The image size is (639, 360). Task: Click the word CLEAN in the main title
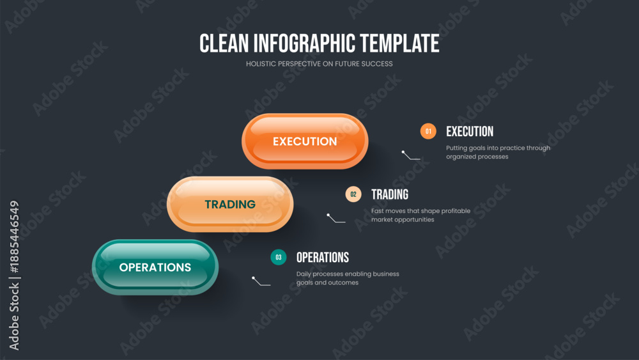click(224, 43)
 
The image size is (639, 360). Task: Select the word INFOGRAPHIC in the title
click(304, 43)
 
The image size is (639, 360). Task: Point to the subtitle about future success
click(319, 64)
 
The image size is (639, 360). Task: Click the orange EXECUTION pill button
click(305, 141)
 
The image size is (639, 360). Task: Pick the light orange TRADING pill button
click(230, 204)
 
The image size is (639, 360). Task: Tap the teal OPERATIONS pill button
click(155, 267)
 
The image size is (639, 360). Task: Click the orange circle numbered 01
click(428, 131)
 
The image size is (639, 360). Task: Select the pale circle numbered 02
click(353, 194)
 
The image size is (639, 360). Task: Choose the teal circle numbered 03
click(279, 257)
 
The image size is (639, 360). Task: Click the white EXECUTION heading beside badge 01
click(470, 131)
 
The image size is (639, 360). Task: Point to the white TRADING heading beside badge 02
click(390, 194)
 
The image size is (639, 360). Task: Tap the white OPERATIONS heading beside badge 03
click(322, 257)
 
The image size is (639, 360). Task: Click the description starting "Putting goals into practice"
click(498, 152)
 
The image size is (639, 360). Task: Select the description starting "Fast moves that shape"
click(420, 215)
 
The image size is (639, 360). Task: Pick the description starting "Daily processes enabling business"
click(348, 278)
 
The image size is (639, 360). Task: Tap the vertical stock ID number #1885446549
click(14, 237)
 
